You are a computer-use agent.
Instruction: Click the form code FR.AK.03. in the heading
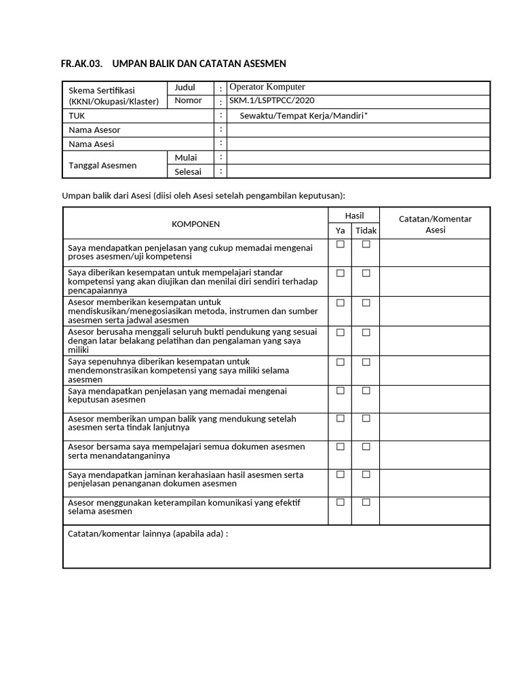pyautogui.click(x=81, y=64)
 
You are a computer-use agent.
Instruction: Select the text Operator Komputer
pyautogui.click(x=267, y=87)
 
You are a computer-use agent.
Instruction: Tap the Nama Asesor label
pyautogui.click(x=94, y=129)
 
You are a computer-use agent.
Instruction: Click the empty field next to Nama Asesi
pyautogui.click(x=358, y=144)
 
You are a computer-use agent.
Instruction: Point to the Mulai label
pyautogui.click(x=186, y=157)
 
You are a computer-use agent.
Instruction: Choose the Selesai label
pyautogui.click(x=188, y=171)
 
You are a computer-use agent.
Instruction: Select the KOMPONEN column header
pyautogui.click(x=195, y=224)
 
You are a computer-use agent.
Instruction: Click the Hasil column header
pyautogui.click(x=354, y=216)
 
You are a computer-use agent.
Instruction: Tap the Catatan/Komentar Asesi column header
pyautogui.click(x=435, y=224)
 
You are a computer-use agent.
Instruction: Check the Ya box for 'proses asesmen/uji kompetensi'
pyautogui.click(x=341, y=244)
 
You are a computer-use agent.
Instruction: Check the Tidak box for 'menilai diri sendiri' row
pyautogui.click(x=366, y=273)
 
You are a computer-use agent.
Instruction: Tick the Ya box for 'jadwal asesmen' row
pyautogui.click(x=341, y=303)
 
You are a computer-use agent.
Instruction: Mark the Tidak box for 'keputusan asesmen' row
pyautogui.click(x=366, y=390)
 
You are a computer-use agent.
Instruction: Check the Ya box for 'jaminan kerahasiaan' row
pyautogui.click(x=341, y=474)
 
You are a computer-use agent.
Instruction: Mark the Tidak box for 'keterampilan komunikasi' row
pyautogui.click(x=366, y=502)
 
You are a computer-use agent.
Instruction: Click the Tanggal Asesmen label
pyautogui.click(x=102, y=165)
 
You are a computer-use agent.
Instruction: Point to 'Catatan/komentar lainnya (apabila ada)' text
pyautogui.click(x=148, y=533)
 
